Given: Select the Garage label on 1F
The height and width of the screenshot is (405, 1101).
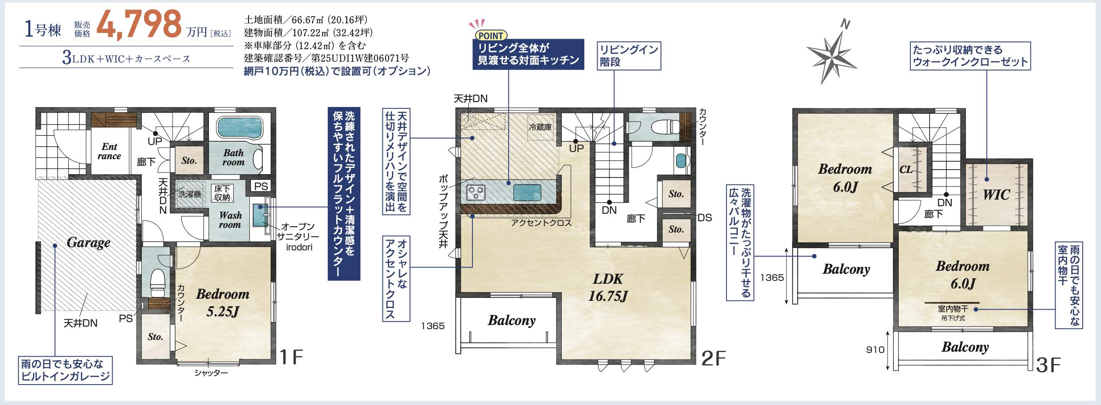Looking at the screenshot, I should click(88, 242).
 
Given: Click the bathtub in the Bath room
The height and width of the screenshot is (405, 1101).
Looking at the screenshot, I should click(240, 127).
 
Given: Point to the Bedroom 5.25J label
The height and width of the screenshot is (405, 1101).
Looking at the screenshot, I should click(222, 302).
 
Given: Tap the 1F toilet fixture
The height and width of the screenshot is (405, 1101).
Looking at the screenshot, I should click(158, 283).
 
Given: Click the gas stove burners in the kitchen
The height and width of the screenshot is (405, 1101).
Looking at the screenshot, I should click(476, 192).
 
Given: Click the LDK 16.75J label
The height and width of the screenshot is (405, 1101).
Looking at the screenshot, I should click(607, 287).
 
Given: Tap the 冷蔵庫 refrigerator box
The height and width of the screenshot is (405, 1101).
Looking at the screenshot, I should click(540, 127).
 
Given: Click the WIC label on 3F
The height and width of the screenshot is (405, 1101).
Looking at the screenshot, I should click(996, 195).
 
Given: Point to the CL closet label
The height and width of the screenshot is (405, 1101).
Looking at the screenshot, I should click(906, 170).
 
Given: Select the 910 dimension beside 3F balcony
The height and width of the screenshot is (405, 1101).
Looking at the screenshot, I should click(875, 350).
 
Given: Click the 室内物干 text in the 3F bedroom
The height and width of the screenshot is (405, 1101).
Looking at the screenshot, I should click(953, 309).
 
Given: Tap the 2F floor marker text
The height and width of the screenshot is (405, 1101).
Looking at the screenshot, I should click(713, 358).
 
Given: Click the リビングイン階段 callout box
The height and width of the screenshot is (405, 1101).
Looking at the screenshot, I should click(629, 55).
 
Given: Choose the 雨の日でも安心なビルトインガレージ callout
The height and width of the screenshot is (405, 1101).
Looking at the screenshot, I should click(65, 370).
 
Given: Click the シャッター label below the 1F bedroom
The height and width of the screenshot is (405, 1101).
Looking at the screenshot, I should click(211, 373).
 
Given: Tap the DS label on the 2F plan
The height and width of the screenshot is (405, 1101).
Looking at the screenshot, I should click(704, 218).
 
